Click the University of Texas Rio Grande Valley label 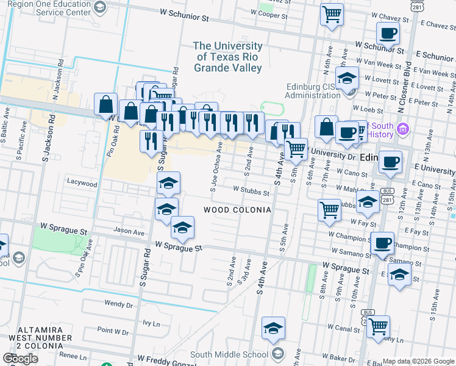coord(228,57)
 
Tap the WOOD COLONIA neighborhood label coord(237,210)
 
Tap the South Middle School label coord(229,354)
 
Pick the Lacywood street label coord(82,183)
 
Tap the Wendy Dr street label coord(118,303)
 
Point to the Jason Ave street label coord(129,232)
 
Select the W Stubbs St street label coord(251,192)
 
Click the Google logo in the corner coord(20,359)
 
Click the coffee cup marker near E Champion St coord(383,242)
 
